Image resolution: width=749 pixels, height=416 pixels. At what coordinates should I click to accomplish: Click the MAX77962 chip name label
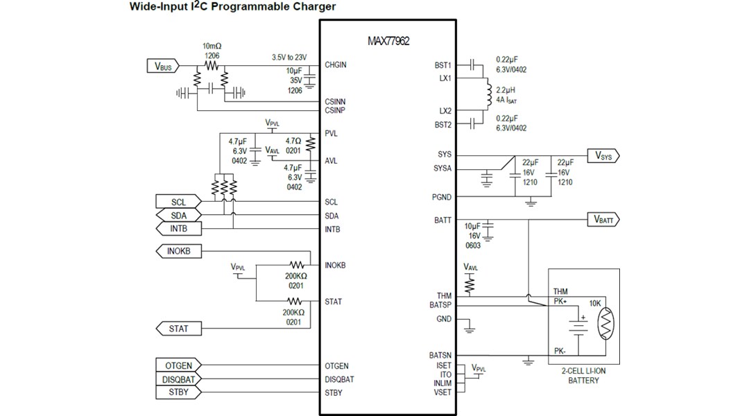tap(388, 41)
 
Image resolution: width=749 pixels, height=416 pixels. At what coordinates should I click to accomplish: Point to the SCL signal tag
tap(178, 202)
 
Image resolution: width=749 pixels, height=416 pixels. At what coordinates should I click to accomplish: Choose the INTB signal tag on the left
tap(178, 228)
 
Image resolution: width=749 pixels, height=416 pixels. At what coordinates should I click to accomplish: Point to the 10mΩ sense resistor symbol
tap(211, 66)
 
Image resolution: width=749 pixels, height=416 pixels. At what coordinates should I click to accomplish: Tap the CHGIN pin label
tap(336, 65)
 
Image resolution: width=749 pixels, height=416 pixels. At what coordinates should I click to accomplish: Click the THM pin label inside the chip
tap(444, 296)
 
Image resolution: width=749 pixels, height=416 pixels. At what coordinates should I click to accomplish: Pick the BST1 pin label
tap(442, 65)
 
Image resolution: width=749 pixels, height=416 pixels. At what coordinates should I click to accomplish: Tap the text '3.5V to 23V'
tap(289, 57)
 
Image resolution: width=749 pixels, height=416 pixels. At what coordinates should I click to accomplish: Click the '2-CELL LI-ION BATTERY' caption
tap(583, 376)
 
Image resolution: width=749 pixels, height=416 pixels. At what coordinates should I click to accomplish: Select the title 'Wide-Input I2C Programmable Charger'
tap(232, 7)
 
